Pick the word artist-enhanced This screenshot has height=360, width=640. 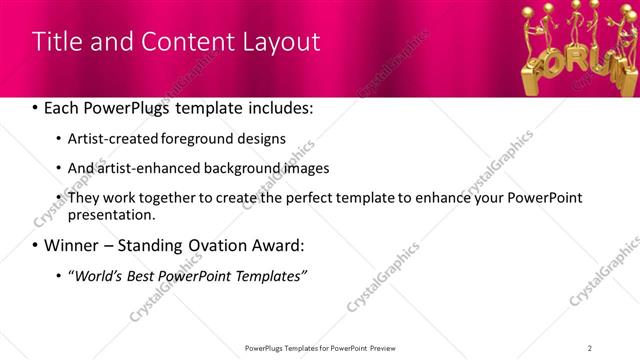point(139,168)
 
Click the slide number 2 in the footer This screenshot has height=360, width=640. point(590,347)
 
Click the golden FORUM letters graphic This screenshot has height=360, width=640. point(581,66)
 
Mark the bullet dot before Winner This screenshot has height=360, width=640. point(37,246)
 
